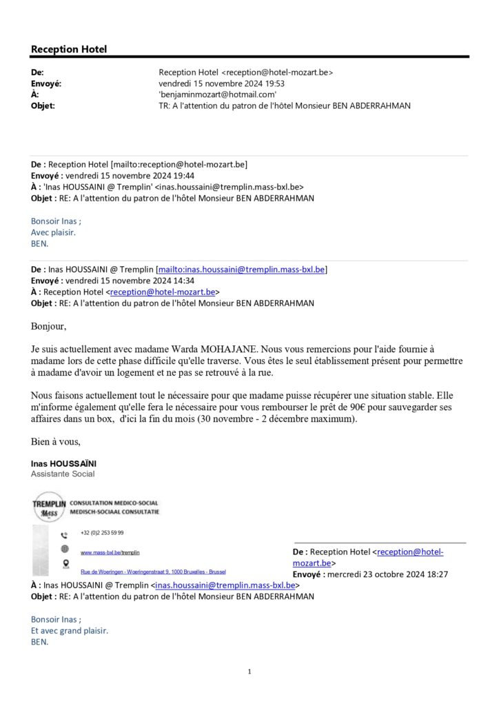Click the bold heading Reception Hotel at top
point(69,49)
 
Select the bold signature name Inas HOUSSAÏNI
point(63,464)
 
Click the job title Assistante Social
point(63,474)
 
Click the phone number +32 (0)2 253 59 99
point(102,533)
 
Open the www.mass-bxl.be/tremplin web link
point(110,552)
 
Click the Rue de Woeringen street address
point(153,572)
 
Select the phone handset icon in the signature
point(64,534)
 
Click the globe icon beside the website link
point(64,549)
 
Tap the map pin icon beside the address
point(64,565)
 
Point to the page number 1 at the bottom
point(249,672)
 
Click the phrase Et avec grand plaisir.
point(69,630)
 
